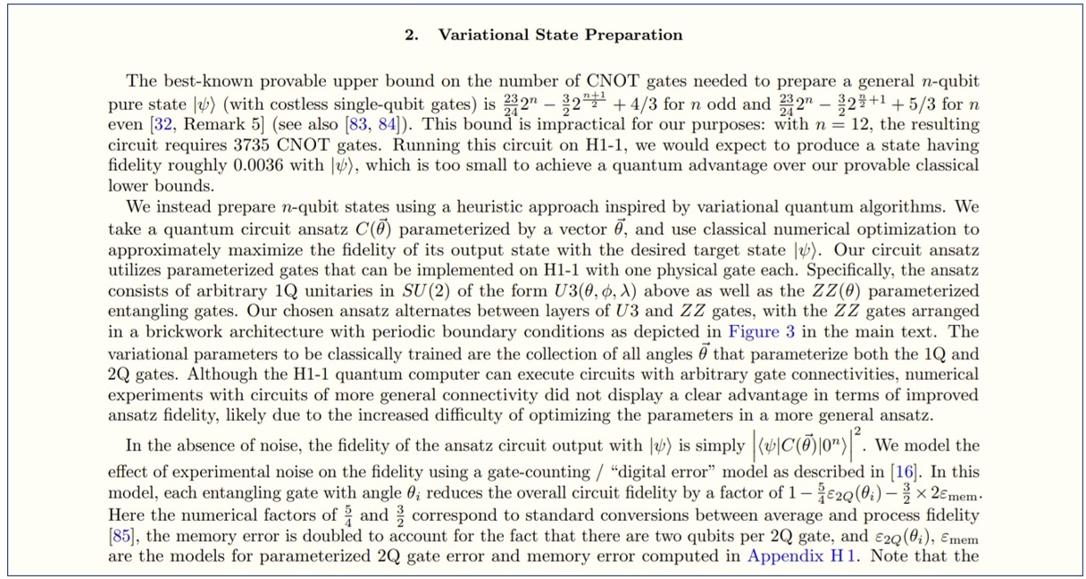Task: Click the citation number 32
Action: [x=163, y=125]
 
